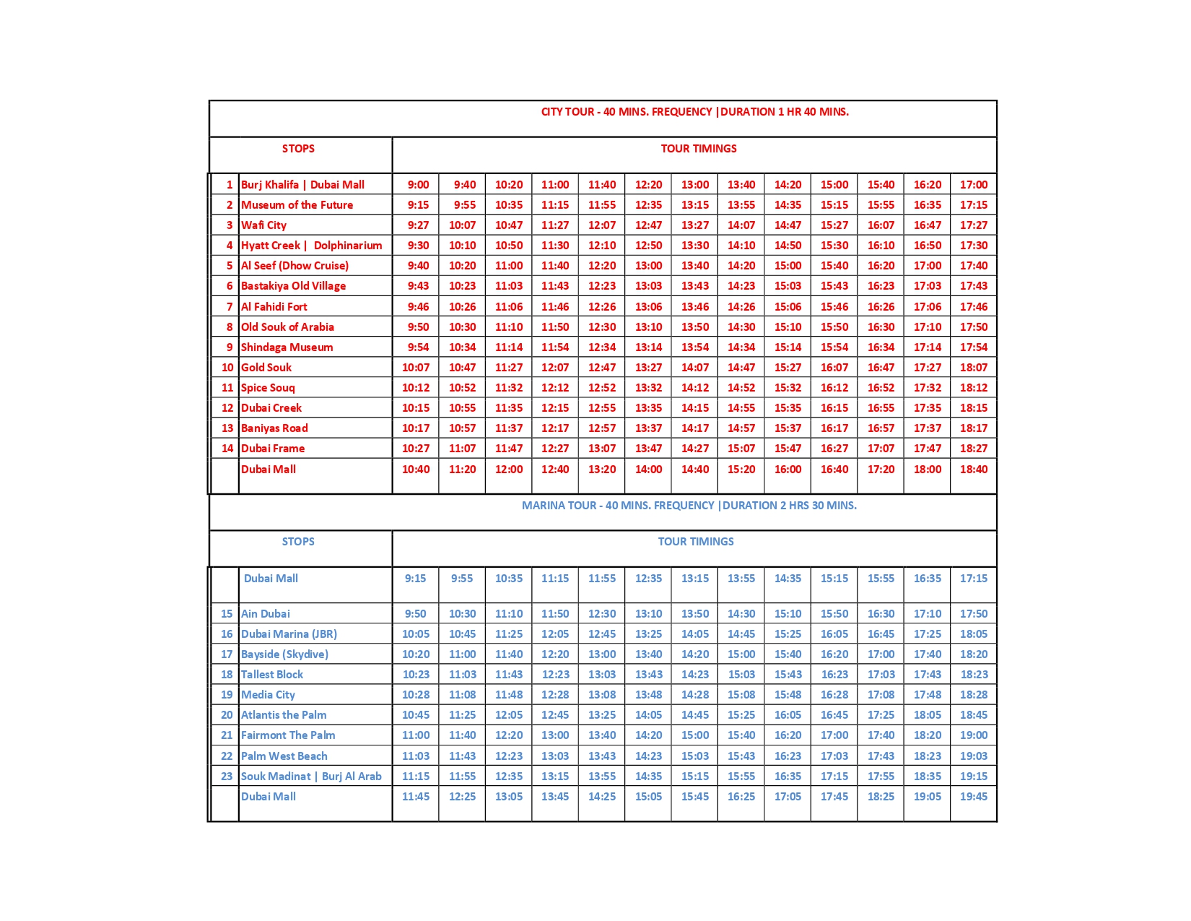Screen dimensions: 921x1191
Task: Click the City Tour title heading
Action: coord(694,112)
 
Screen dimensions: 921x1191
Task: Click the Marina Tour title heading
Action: coord(689,506)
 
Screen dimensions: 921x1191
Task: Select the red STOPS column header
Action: coord(298,149)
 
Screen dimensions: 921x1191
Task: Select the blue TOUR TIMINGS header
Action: coord(695,542)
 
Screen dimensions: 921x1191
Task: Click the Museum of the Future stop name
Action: coord(297,205)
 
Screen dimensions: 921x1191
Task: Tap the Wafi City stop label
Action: coord(263,225)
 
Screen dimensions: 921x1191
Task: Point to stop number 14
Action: coord(227,449)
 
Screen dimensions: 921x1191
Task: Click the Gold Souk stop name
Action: coord(266,368)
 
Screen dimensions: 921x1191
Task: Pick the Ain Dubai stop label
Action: coord(265,614)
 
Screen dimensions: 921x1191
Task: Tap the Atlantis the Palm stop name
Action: coord(283,715)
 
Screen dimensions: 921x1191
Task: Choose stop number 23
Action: coord(227,777)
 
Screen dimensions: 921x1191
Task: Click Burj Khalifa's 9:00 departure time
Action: coord(418,185)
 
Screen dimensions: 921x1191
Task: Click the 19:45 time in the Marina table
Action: coord(973,797)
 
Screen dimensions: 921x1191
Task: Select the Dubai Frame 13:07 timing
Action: coord(601,449)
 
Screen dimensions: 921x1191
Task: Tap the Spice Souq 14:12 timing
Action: coord(694,388)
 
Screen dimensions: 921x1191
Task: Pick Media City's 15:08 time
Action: coord(741,695)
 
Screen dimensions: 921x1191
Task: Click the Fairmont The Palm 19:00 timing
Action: coord(973,735)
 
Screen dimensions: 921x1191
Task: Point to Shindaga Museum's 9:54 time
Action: coord(418,347)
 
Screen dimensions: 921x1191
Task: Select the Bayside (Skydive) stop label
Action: coord(284,654)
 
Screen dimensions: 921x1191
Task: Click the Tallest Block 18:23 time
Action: coord(974,675)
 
